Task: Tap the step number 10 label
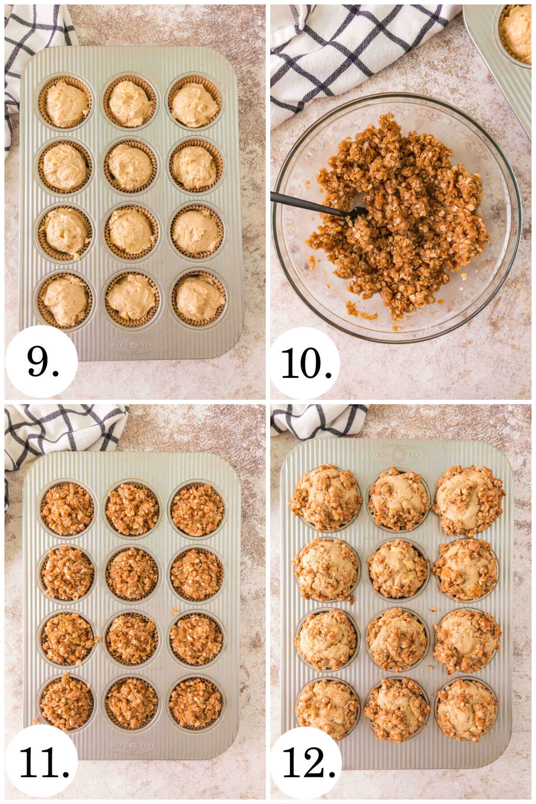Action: pos(306,363)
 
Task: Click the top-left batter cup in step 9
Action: pos(66,104)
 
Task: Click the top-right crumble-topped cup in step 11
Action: pos(197,509)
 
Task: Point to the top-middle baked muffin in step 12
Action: pos(398,498)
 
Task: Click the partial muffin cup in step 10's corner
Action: pos(518,33)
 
